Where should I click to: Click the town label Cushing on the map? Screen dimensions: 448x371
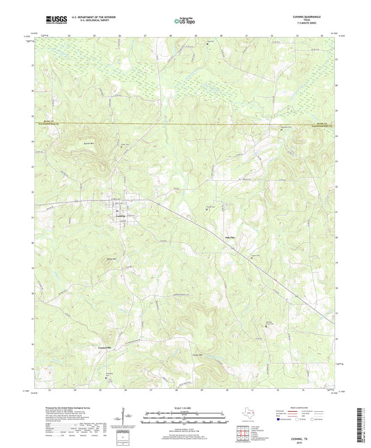(120, 214)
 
